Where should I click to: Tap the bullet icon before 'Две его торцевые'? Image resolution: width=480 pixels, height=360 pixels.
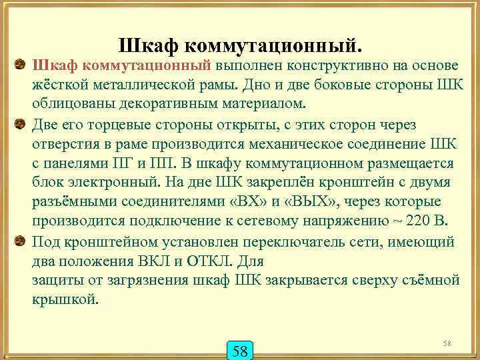(20, 124)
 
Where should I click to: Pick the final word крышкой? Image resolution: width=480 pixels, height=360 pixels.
(65, 299)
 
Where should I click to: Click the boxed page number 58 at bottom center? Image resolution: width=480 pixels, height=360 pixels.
(241, 349)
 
